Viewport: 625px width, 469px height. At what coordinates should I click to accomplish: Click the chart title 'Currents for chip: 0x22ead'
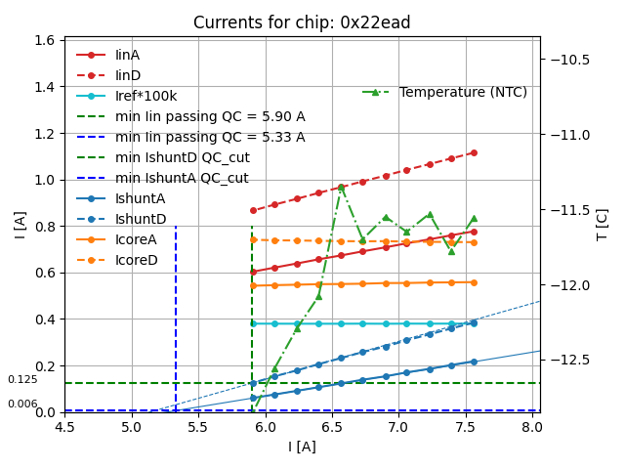point(302,22)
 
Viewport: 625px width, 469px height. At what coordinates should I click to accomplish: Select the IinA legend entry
point(129,55)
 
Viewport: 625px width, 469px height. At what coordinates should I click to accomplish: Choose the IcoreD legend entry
point(136,260)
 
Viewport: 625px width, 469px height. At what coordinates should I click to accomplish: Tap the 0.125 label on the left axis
point(22,379)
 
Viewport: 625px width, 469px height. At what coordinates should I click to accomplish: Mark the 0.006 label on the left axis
point(22,404)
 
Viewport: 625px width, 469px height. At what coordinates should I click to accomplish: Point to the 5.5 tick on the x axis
point(198,428)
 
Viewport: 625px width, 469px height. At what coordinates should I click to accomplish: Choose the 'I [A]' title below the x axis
point(302,448)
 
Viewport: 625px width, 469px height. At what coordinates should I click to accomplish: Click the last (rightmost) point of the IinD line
point(474,152)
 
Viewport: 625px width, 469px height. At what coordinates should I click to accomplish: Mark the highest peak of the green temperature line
point(341,186)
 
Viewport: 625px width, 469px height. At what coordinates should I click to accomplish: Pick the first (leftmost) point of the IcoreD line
point(253,239)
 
